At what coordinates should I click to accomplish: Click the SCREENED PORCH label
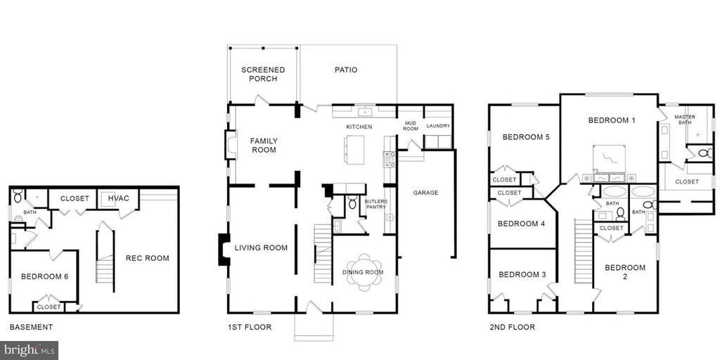263,75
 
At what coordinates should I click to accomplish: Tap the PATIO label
346,70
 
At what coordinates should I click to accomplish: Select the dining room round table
364,273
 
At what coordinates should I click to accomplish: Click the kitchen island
354,149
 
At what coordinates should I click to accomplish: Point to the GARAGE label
425,193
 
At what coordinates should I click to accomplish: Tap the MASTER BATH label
685,120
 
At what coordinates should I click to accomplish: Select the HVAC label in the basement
119,198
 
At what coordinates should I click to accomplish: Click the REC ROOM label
148,258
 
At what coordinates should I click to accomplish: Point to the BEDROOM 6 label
44,276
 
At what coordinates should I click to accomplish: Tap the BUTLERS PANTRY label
376,205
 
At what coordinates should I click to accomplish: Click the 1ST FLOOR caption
250,328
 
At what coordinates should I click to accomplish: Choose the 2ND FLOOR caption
512,328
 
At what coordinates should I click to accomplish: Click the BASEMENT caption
31,328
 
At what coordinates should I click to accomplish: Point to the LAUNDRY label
439,126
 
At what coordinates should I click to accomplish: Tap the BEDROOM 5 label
526,137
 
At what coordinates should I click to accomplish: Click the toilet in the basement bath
18,195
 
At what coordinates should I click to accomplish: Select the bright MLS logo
29,351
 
